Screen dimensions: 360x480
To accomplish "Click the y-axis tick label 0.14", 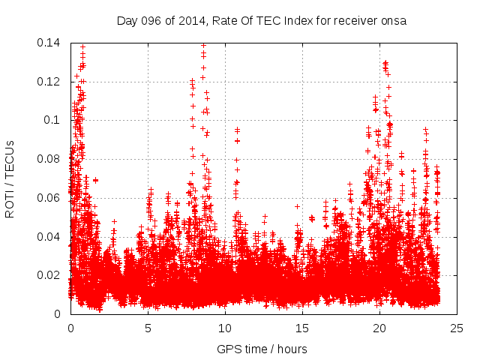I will pyautogui.click(x=49, y=43).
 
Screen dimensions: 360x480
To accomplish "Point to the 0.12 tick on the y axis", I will pyautogui.click(x=49, y=82).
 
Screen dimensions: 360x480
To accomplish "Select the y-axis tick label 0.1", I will pyautogui.click(x=52, y=120).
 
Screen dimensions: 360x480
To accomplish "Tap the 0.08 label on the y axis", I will pyautogui.click(x=49, y=159).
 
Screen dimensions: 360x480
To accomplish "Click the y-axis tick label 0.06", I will pyautogui.click(x=49, y=198).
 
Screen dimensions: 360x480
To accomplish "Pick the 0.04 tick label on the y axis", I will pyautogui.click(x=49, y=237).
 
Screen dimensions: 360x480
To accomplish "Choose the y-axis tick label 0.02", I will pyautogui.click(x=49, y=275).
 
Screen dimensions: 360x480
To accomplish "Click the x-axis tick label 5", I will pyautogui.click(x=148, y=328).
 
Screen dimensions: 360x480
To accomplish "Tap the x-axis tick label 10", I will pyautogui.click(x=225, y=328).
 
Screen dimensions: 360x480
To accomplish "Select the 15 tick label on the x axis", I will pyautogui.click(x=302, y=328).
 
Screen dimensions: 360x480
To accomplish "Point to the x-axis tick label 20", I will pyautogui.click(x=379, y=328).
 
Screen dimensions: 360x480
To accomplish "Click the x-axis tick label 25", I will pyautogui.click(x=457, y=328).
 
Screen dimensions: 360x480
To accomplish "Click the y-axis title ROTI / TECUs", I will pyautogui.click(x=10, y=178).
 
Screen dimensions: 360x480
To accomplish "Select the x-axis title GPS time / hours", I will pyautogui.click(x=262, y=349).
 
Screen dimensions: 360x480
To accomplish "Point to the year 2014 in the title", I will pyautogui.click(x=191, y=21).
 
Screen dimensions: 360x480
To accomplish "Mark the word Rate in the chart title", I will pyautogui.click(x=225, y=21).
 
